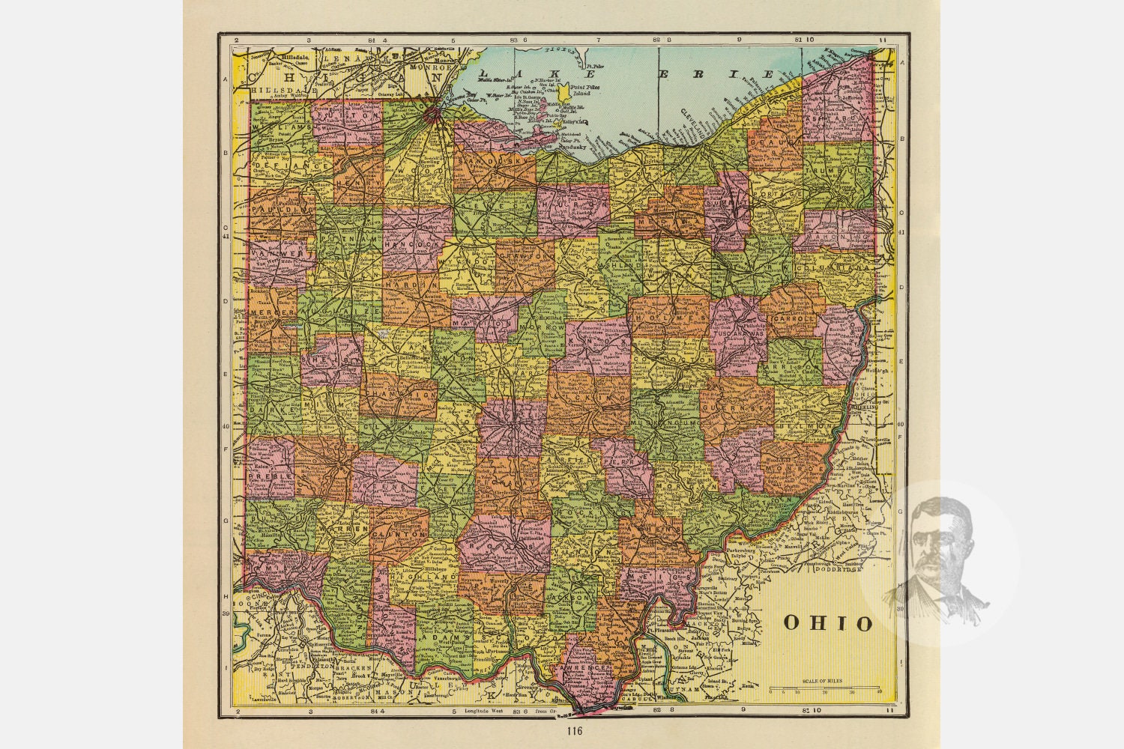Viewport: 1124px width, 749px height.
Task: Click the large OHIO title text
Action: click(x=828, y=623)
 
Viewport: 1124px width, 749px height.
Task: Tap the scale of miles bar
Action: click(x=824, y=687)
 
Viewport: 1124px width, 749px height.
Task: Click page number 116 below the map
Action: click(x=574, y=731)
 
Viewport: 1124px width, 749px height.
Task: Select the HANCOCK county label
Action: click(x=411, y=245)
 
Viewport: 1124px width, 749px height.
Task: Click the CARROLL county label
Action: click(x=791, y=318)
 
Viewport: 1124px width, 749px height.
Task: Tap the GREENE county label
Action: click(x=384, y=485)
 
